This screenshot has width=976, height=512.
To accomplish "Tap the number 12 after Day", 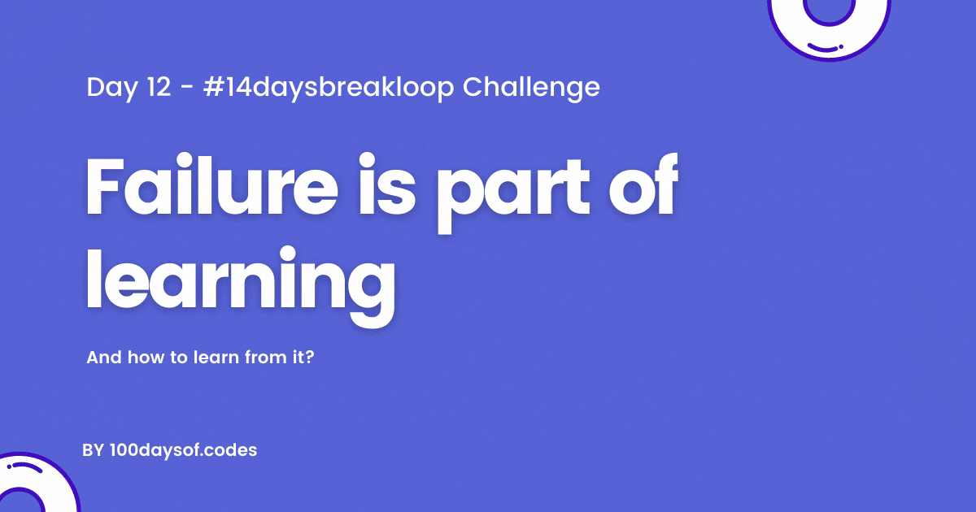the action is pyautogui.click(x=158, y=87).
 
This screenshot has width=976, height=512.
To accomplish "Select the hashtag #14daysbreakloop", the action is pyautogui.click(x=329, y=89).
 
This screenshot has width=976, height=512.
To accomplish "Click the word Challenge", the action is pyautogui.click(x=531, y=89).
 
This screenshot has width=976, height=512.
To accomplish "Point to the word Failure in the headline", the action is pyautogui.click(x=211, y=185).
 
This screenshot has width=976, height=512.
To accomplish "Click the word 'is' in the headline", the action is pyautogui.click(x=387, y=185).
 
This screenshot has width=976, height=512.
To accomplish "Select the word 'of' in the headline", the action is pyautogui.click(x=643, y=185).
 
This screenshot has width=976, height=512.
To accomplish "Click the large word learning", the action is pyautogui.click(x=241, y=285).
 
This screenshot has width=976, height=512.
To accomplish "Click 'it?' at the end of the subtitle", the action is pyautogui.click(x=303, y=358).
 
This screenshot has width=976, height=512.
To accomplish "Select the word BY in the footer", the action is pyautogui.click(x=94, y=450).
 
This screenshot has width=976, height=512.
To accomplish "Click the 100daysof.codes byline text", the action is pyautogui.click(x=184, y=450).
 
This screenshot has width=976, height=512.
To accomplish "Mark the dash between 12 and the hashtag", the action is pyautogui.click(x=186, y=88).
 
